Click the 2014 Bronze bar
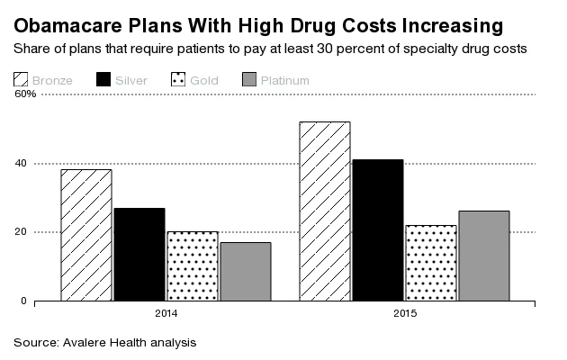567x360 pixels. [86, 235]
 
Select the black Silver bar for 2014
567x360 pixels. [139, 254]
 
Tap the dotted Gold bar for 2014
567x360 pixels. [193, 265]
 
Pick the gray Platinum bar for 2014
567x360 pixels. [245, 271]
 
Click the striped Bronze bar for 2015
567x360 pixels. [324, 211]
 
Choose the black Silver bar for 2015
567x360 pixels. [377, 229]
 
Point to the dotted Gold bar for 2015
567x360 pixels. [430, 263]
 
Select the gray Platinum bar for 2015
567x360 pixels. [483, 256]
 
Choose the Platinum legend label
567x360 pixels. [284, 81]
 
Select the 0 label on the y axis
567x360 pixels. [23, 301]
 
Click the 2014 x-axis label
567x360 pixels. [166, 313]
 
